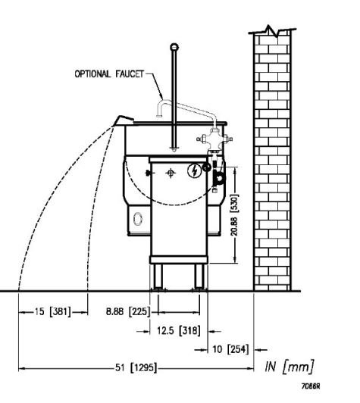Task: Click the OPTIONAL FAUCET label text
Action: tap(109, 74)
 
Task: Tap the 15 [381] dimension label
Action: tap(52, 312)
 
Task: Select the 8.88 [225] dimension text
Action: tap(128, 311)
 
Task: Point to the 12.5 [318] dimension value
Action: tap(179, 330)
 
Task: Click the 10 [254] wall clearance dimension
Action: tap(230, 349)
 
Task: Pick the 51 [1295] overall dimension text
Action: tap(136, 367)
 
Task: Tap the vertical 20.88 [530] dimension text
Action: tap(234, 215)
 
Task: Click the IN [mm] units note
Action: tap(290, 366)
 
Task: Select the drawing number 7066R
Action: tap(311, 386)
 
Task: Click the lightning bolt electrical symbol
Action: tap(194, 171)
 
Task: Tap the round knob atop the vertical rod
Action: tap(174, 47)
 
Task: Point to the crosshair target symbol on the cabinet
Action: tap(171, 173)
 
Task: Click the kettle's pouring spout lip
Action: tap(124, 120)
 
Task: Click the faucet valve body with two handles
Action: tap(214, 140)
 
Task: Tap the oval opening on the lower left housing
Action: tap(138, 219)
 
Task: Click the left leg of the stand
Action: tap(158, 277)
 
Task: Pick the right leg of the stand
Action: tap(199, 277)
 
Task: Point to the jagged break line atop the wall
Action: tap(272, 31)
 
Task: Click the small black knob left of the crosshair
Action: tap(148, 173)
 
